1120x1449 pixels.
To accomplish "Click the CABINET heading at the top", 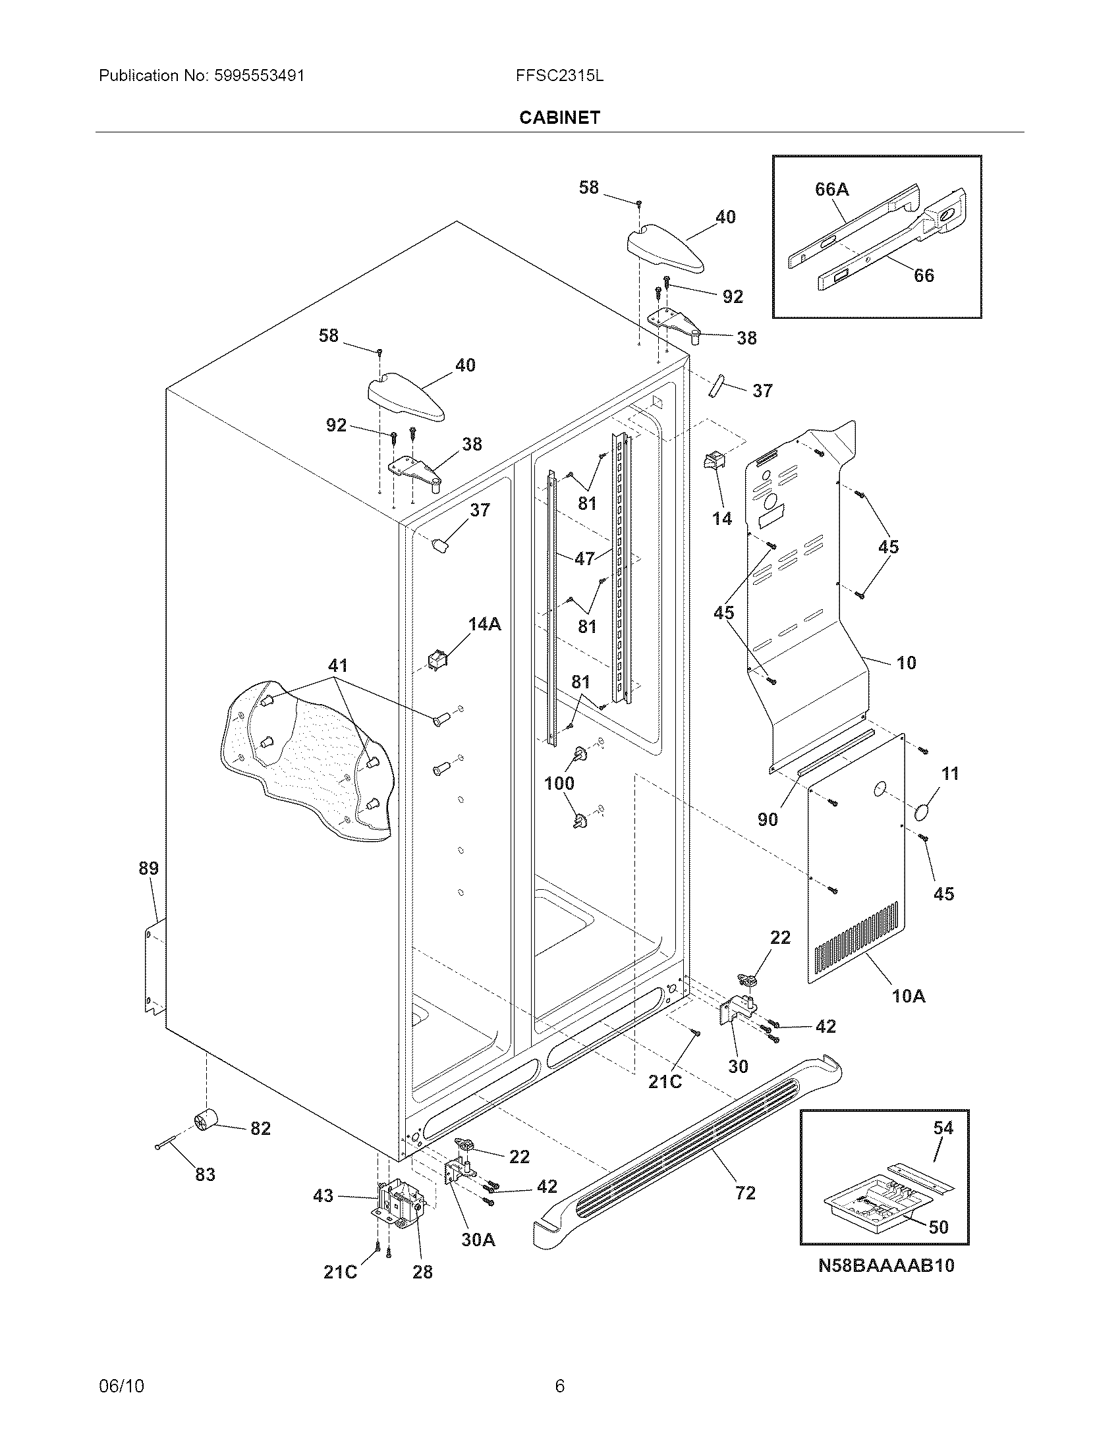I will click(x=559, y=117).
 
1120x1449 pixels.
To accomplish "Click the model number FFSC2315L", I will click(x=559, y=76).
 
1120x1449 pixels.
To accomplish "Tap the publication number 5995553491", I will click(x=260, y=76).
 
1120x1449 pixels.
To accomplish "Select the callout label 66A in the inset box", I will click(x=831, y=190).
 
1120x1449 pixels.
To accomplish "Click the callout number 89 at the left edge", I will click(x=149, y=868).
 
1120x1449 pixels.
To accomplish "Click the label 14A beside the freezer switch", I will click(x=484, y=624).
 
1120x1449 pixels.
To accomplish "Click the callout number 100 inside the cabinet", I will click(x=559, y=783).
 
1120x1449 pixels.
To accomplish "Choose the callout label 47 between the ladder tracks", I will click(x=584, y=559).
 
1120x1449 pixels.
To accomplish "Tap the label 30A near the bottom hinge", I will click(x=478, y=1240).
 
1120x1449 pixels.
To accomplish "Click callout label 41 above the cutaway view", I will click(x=338, y=665).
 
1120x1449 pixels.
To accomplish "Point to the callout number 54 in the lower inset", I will click(x=943, y=1127).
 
